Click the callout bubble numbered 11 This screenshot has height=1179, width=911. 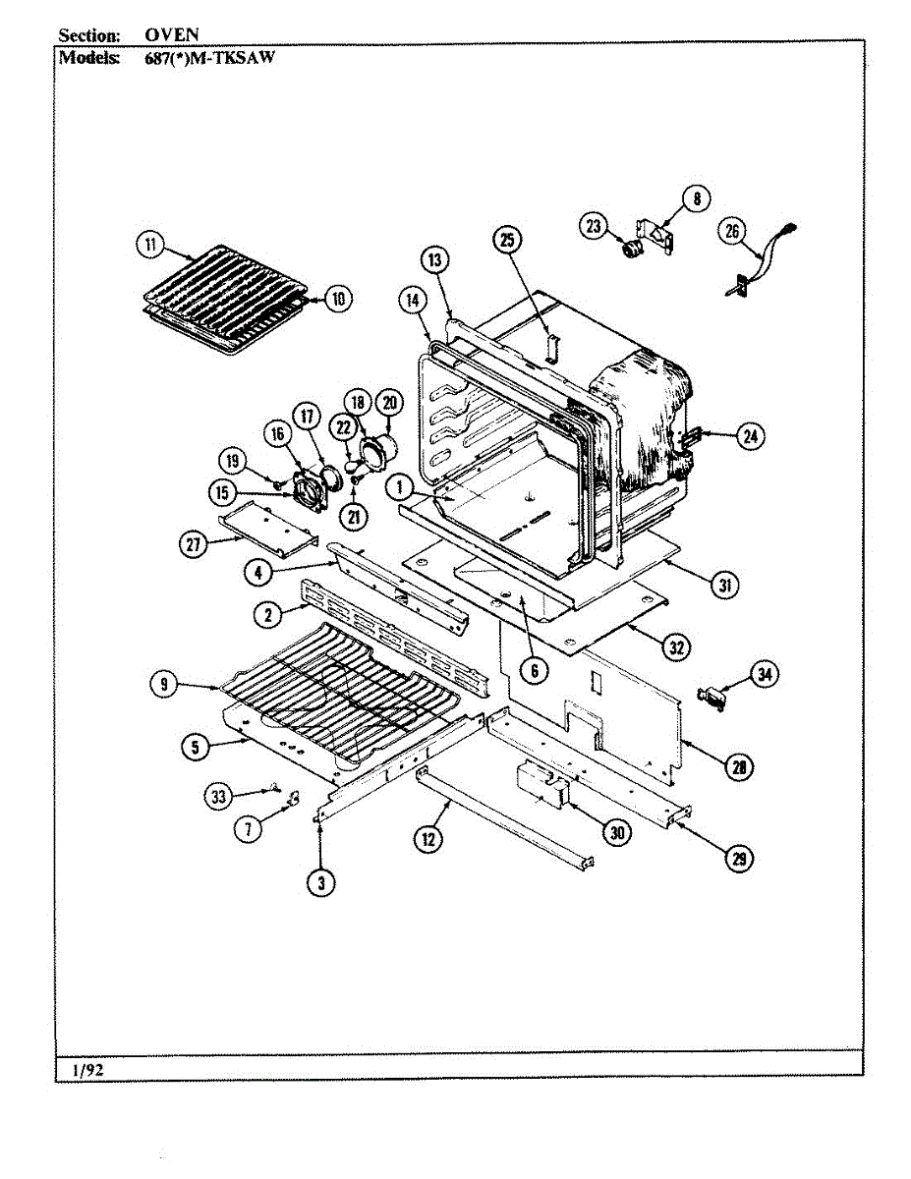click(149, 247)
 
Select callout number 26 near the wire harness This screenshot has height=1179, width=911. click(732, 232)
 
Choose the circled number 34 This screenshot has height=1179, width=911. click(764, 674)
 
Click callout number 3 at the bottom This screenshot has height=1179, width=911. click(319, 882)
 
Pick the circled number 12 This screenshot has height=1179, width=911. click(427, 838)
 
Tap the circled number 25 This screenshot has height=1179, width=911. click(507, 240)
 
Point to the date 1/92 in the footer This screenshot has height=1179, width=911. click(88, 1071)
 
